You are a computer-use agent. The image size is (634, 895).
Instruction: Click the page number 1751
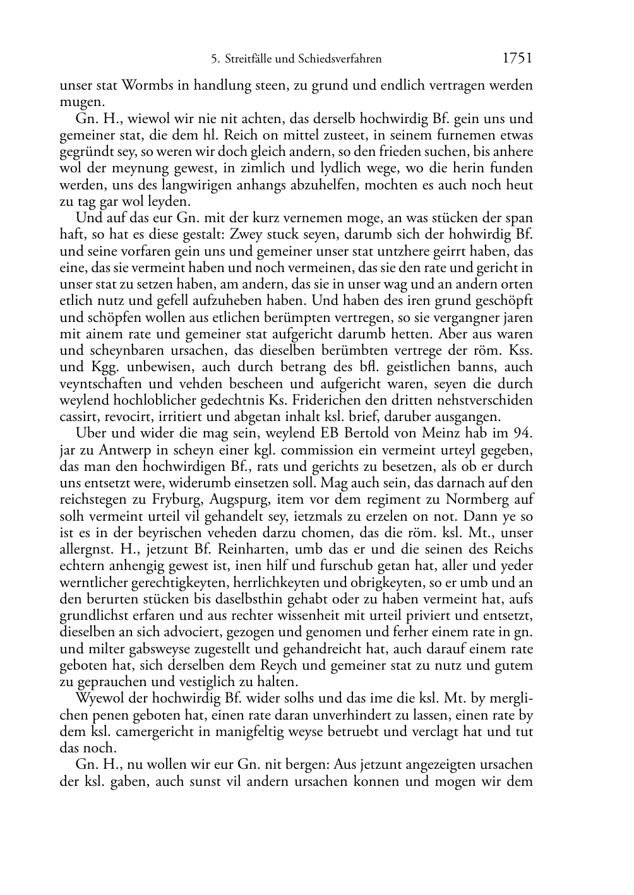pyautogui.click(x=517, y=59)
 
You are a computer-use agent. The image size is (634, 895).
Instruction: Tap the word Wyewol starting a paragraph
pyautogui.click(x=97, y=699)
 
